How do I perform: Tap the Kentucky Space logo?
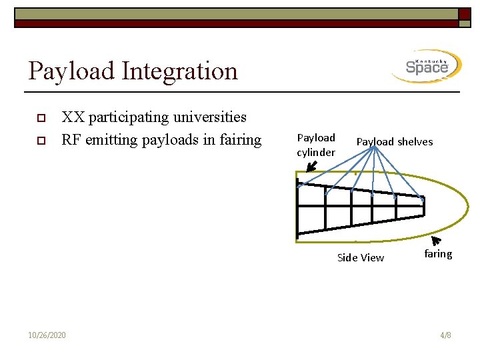[x=427, y=67]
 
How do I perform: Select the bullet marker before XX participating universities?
[x=41, y=118]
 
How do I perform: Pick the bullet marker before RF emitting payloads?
[x=41, y=141]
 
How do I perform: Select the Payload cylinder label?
[x=316, y=145]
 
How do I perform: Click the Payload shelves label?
[x=394, y=141]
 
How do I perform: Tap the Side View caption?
[x=360, y=257]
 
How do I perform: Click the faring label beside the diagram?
[x=438, y=254]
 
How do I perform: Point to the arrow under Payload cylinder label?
[x=310, y=165]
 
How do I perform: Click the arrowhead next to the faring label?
[x=437, y=241]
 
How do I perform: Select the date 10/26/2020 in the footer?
[x=47, y=335]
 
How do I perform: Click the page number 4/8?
[x=445, y=335]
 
